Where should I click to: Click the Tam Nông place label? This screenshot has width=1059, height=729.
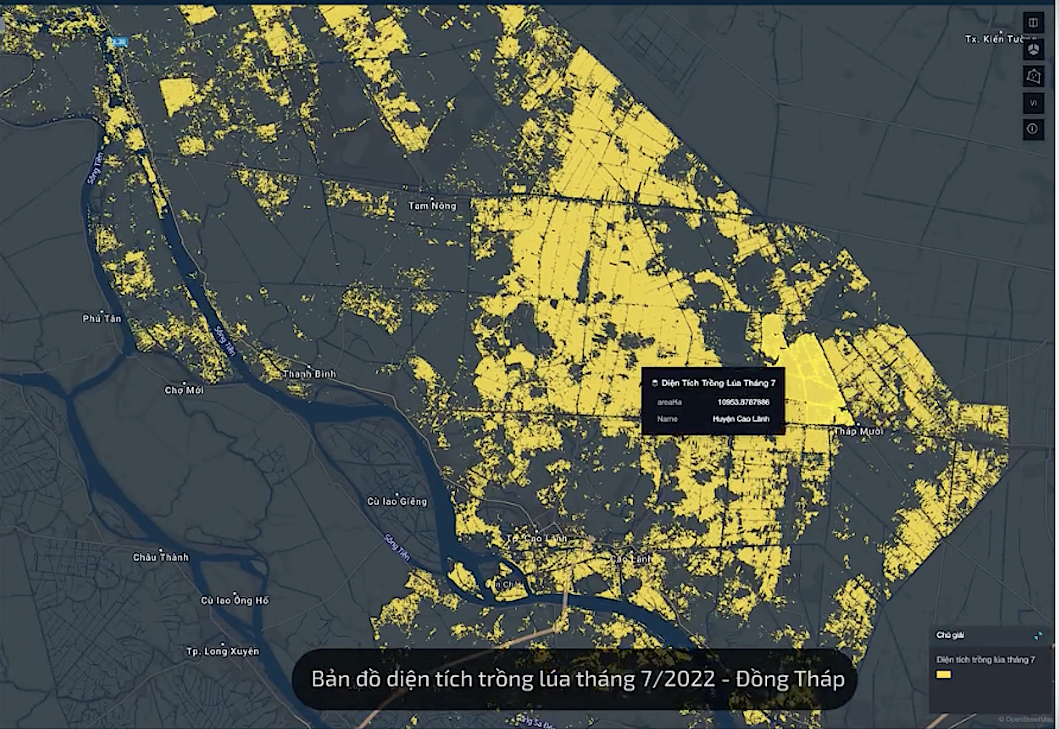432,206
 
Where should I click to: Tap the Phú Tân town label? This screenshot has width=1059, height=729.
102,318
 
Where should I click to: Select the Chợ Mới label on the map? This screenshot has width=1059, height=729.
184,390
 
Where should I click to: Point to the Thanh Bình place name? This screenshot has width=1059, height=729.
309,374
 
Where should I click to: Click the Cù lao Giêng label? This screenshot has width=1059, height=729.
397,501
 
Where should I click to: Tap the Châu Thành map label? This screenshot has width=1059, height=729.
161,557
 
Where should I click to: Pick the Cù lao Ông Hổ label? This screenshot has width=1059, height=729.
234,600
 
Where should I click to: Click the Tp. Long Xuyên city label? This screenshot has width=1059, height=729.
222,651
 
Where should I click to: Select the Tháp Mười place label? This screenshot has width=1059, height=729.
859,431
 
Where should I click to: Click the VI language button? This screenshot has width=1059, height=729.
1033,103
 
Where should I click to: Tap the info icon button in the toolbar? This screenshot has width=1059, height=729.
1033,129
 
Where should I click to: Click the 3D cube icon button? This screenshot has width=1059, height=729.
1033,50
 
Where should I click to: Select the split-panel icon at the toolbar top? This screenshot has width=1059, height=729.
1033,23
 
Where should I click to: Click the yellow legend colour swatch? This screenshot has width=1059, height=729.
944,674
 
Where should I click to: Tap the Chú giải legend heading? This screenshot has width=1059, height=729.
950,635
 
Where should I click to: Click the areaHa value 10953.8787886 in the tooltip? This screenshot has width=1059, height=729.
743,402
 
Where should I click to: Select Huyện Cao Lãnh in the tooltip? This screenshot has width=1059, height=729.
741,419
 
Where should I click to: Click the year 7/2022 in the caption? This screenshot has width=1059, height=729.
678,679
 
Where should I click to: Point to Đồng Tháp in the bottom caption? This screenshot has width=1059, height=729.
790,679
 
